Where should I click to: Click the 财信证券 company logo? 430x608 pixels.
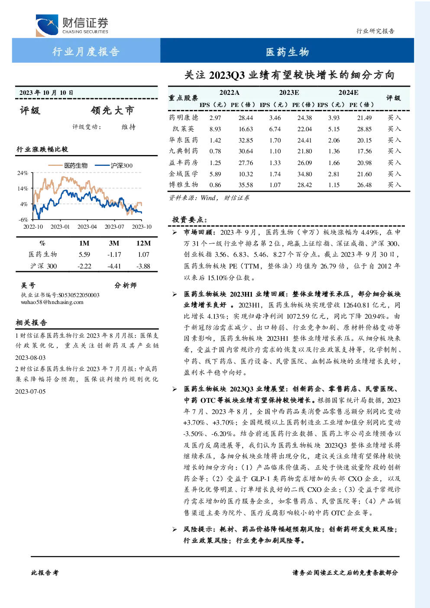[72, 25]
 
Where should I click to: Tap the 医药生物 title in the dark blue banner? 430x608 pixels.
[288, 52]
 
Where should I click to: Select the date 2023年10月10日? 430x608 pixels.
[46, 93]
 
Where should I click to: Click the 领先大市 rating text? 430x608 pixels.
[113, 110]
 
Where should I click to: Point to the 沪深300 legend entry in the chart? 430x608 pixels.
[114, 165]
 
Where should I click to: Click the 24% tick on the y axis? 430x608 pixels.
[23, 173]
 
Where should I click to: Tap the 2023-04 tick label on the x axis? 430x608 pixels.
[87, 226]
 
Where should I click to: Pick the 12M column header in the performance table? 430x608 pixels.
[143, 243]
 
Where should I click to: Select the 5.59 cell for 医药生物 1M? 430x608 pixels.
[84, 255]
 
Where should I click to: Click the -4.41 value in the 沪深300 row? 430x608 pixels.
[114, 266]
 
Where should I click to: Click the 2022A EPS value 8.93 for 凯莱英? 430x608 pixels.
[215, 129]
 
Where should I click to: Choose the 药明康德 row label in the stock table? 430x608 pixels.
[184, 117]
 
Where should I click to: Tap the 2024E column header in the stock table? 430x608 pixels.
[348, 93]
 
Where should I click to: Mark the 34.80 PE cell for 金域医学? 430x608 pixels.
[304, 174]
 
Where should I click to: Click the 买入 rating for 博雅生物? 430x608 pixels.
[394, 185]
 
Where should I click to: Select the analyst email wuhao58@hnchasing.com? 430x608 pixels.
[52, 302]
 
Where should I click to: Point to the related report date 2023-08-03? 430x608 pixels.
[30, 358]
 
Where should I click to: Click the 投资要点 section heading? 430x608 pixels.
[190, 220]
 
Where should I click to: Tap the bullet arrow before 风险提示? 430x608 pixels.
[175, 529]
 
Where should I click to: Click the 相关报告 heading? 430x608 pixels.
[32, 323]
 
